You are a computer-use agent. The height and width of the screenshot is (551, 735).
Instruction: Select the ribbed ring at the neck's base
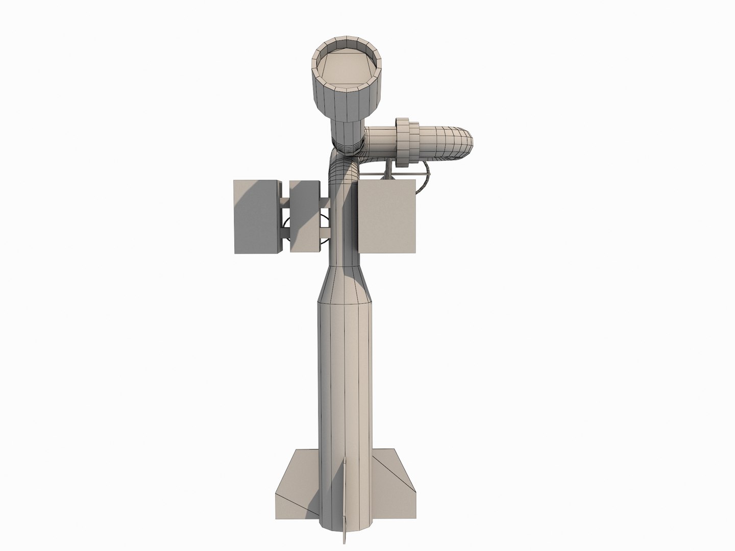(x=346, y=145)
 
